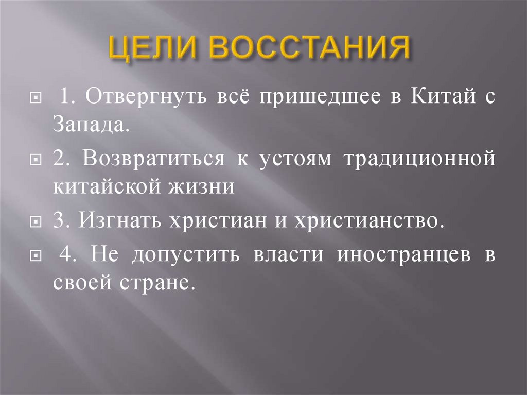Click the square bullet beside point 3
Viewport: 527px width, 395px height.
click(36, 222)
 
